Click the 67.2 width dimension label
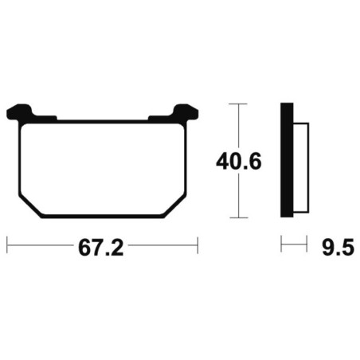[x=101, y=248]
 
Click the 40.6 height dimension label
[x=239, y=162]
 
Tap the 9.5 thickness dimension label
[x=338, y=248]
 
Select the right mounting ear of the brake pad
[x=185, y=112]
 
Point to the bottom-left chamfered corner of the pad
[x=30, y=206]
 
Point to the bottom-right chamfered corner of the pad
[x=174, y=206]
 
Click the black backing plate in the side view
[x=287, y=160]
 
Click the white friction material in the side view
[x=301, y=168]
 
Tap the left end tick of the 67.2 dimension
[x=7, y=245]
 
